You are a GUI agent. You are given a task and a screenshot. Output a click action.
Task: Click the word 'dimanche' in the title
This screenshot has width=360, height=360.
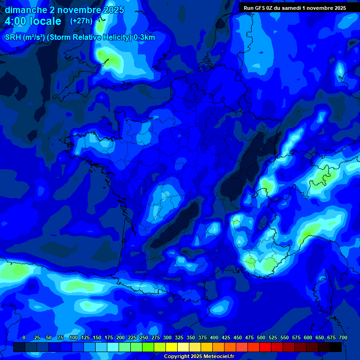pyautogui.click(x=26, y=10)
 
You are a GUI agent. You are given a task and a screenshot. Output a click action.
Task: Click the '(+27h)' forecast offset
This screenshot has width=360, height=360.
pyautogui.click(x=81, y=21)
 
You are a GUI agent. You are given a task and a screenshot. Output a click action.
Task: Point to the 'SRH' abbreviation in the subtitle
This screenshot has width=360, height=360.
pyautogui.click(x=13, y=37)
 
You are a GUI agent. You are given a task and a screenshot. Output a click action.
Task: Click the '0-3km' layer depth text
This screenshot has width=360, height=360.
pyautogui.click(x=144, y=37)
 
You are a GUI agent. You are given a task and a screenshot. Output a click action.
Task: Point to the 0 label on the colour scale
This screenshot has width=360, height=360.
pyautogui.click(x=24, y=337)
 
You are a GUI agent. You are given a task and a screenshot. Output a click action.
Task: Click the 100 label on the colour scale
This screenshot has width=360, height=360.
pyautogui.click(x=74, y=337)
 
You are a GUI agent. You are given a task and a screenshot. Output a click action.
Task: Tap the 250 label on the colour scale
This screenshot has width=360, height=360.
pyautogui.click(x=144, y=337)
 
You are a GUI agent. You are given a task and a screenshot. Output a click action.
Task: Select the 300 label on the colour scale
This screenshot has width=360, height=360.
pyautogui.click(x=167, y=337)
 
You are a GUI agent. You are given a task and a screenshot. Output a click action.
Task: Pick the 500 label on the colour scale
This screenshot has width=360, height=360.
pyautogui.click(x=261, y=337)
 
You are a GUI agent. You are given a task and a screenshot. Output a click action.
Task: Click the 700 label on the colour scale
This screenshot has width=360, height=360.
pyautogui.click(x=343, y=337)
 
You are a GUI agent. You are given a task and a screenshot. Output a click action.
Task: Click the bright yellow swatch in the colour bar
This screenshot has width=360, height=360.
pyautogui.click(x=172, y=347)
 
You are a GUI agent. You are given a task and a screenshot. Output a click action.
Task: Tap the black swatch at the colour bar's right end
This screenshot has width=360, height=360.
pyautogui.click(x=336, y=347)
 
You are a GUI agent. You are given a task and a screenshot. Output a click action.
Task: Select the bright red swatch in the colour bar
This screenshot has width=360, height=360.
pyautogui.click(x=265, y=347)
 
